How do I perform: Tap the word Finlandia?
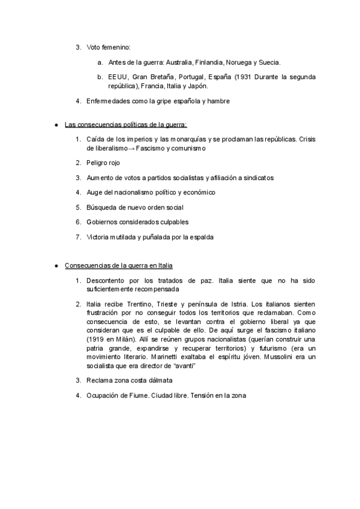[211, 62]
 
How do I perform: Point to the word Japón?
[197, 86]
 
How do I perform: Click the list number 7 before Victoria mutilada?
[78, 236]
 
